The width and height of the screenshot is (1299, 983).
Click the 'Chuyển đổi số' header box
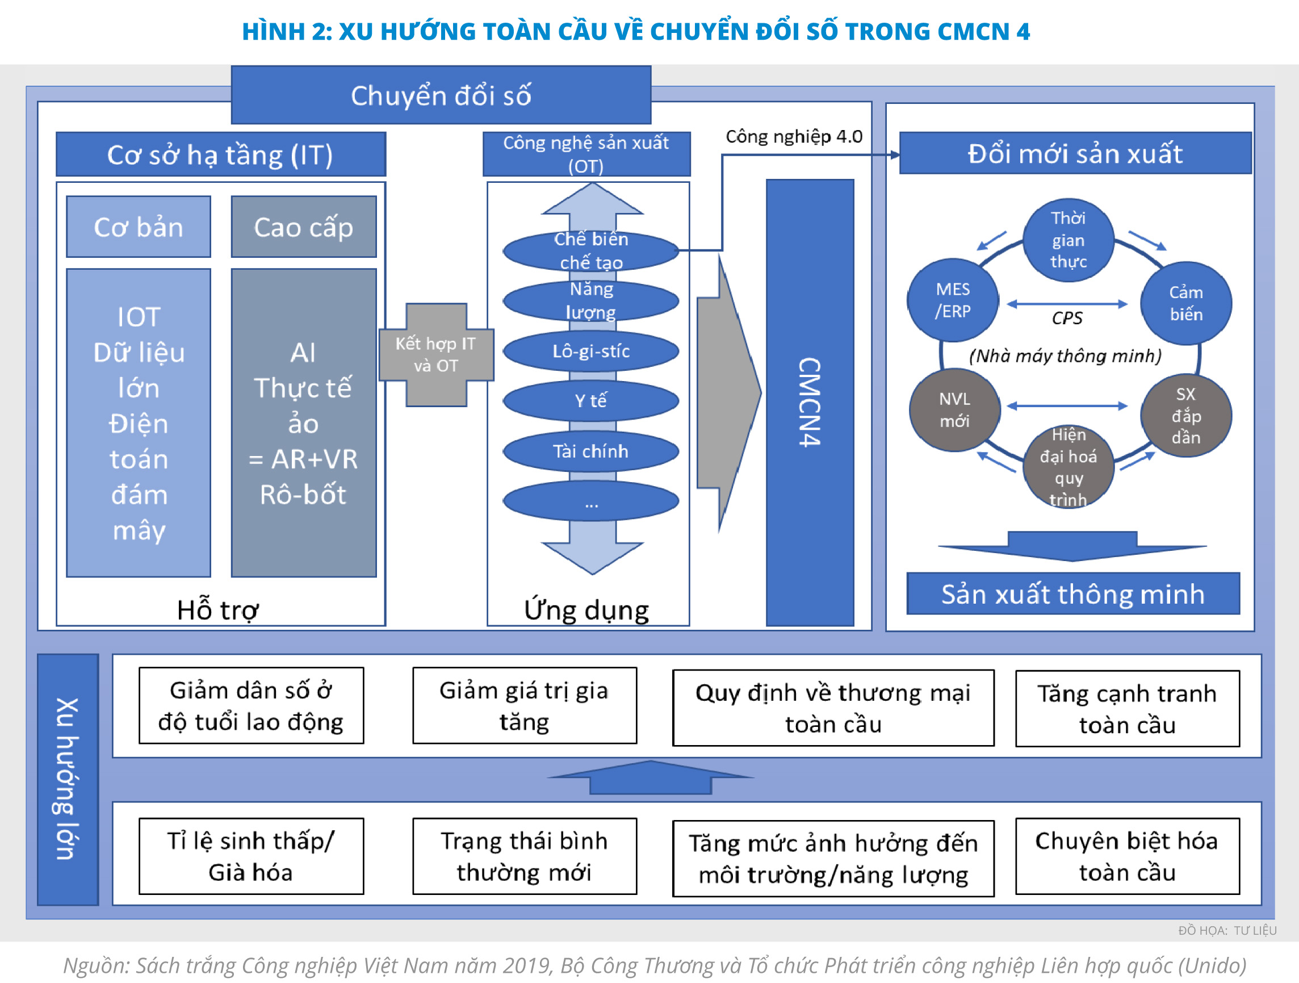coord(441,95)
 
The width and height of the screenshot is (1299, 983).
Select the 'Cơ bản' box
coord(139,227)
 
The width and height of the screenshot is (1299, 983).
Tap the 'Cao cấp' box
coord(304,227)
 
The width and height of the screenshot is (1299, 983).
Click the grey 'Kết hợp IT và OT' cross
coord(435,355)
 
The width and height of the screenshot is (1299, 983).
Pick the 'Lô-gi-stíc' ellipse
coord(591,351)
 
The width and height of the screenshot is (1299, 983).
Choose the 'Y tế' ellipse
coord(591,400)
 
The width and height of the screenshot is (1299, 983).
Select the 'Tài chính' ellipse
coord(591,451)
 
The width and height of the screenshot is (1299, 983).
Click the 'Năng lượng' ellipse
coord(591,300)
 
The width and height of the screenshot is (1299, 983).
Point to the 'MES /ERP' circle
coord(953,300)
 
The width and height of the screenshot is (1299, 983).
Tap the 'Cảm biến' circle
coord(1185,303)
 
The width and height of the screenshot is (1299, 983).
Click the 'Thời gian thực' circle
coord(1068,240)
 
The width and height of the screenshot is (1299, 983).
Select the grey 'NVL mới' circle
coord(954,410)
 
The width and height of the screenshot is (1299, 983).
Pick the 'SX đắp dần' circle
coord(1185,416)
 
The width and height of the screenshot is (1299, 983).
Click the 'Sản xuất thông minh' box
coord(1073,593)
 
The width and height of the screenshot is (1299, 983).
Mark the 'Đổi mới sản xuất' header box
coord(1075,153)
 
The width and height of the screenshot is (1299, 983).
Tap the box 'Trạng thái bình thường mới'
coord(525,856)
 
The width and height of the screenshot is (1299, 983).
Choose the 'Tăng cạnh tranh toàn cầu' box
coord(1127,709)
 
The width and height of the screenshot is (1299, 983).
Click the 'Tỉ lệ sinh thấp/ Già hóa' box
coord(252,856)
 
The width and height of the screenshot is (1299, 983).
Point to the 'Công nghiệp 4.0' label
coord(794,137)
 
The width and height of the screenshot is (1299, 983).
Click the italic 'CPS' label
coord(1066,318)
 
